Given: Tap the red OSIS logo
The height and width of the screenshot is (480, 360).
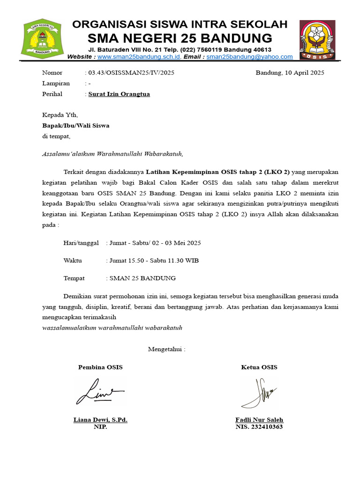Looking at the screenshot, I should tap(317, 40).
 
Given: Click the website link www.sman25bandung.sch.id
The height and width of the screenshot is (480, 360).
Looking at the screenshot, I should tap(139, 57).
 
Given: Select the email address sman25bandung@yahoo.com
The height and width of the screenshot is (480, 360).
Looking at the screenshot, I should tap(249, 57).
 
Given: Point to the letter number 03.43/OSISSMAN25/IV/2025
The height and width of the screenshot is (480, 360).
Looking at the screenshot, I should tap(131, 73).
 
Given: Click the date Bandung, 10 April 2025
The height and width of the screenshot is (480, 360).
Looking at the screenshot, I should tap(290, 73).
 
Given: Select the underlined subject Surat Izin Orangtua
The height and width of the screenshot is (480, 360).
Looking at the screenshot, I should tap(120, 94).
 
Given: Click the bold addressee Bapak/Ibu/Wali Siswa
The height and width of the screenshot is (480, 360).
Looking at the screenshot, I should tap(76, 126).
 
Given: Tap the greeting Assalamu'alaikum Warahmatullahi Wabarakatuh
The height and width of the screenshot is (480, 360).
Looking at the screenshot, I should tap(112, 153).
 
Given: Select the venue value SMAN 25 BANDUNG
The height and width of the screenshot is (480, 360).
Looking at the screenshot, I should tap(142, 278).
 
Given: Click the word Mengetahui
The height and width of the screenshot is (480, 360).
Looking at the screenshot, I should tap(166, 349).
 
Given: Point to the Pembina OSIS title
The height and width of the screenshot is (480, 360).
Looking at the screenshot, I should tap(100, 367).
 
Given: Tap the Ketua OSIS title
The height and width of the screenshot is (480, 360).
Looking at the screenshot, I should tap(259, 367).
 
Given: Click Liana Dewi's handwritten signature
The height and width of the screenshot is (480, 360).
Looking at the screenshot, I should tap(99, 392).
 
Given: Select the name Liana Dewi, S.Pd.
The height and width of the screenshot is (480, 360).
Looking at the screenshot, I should tap(100, 420).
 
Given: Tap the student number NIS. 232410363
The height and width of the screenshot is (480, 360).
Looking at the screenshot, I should tap(259, 427).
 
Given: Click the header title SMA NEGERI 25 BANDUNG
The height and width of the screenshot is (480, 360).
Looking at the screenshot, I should tap(180, 38).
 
